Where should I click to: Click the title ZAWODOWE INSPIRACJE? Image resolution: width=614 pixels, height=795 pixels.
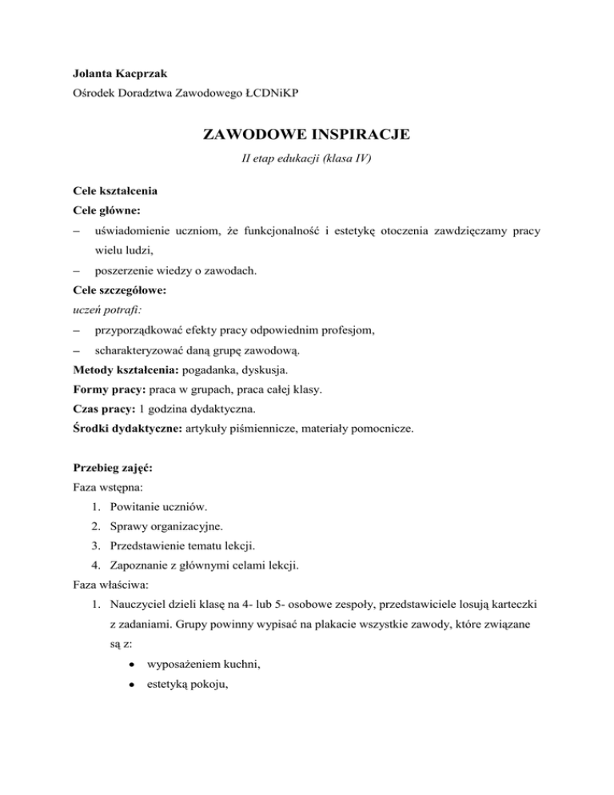point(307,134)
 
